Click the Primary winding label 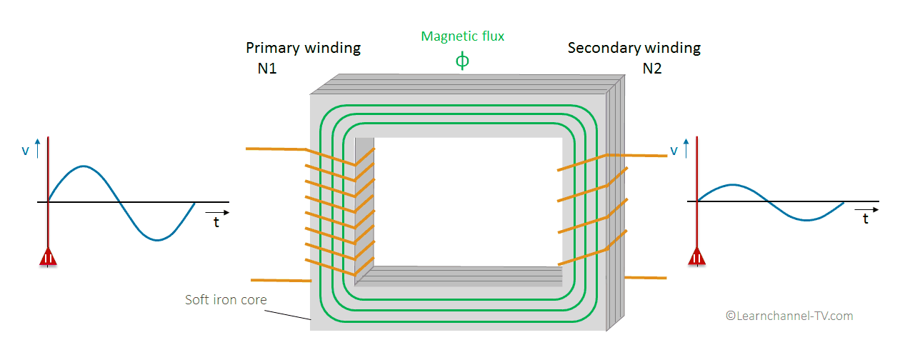303,48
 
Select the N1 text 267,69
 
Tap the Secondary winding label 634,48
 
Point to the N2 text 652,69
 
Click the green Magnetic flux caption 462,36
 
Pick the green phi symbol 462,61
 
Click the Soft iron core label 226,300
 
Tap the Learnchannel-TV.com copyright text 789,316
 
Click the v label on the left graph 26,151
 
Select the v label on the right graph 674,151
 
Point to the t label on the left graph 216,222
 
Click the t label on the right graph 866,219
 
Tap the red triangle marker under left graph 48,258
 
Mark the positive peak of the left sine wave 84,166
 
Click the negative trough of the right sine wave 807,219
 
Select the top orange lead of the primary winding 275,149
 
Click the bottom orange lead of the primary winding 281,280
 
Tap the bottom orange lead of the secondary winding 646,277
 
